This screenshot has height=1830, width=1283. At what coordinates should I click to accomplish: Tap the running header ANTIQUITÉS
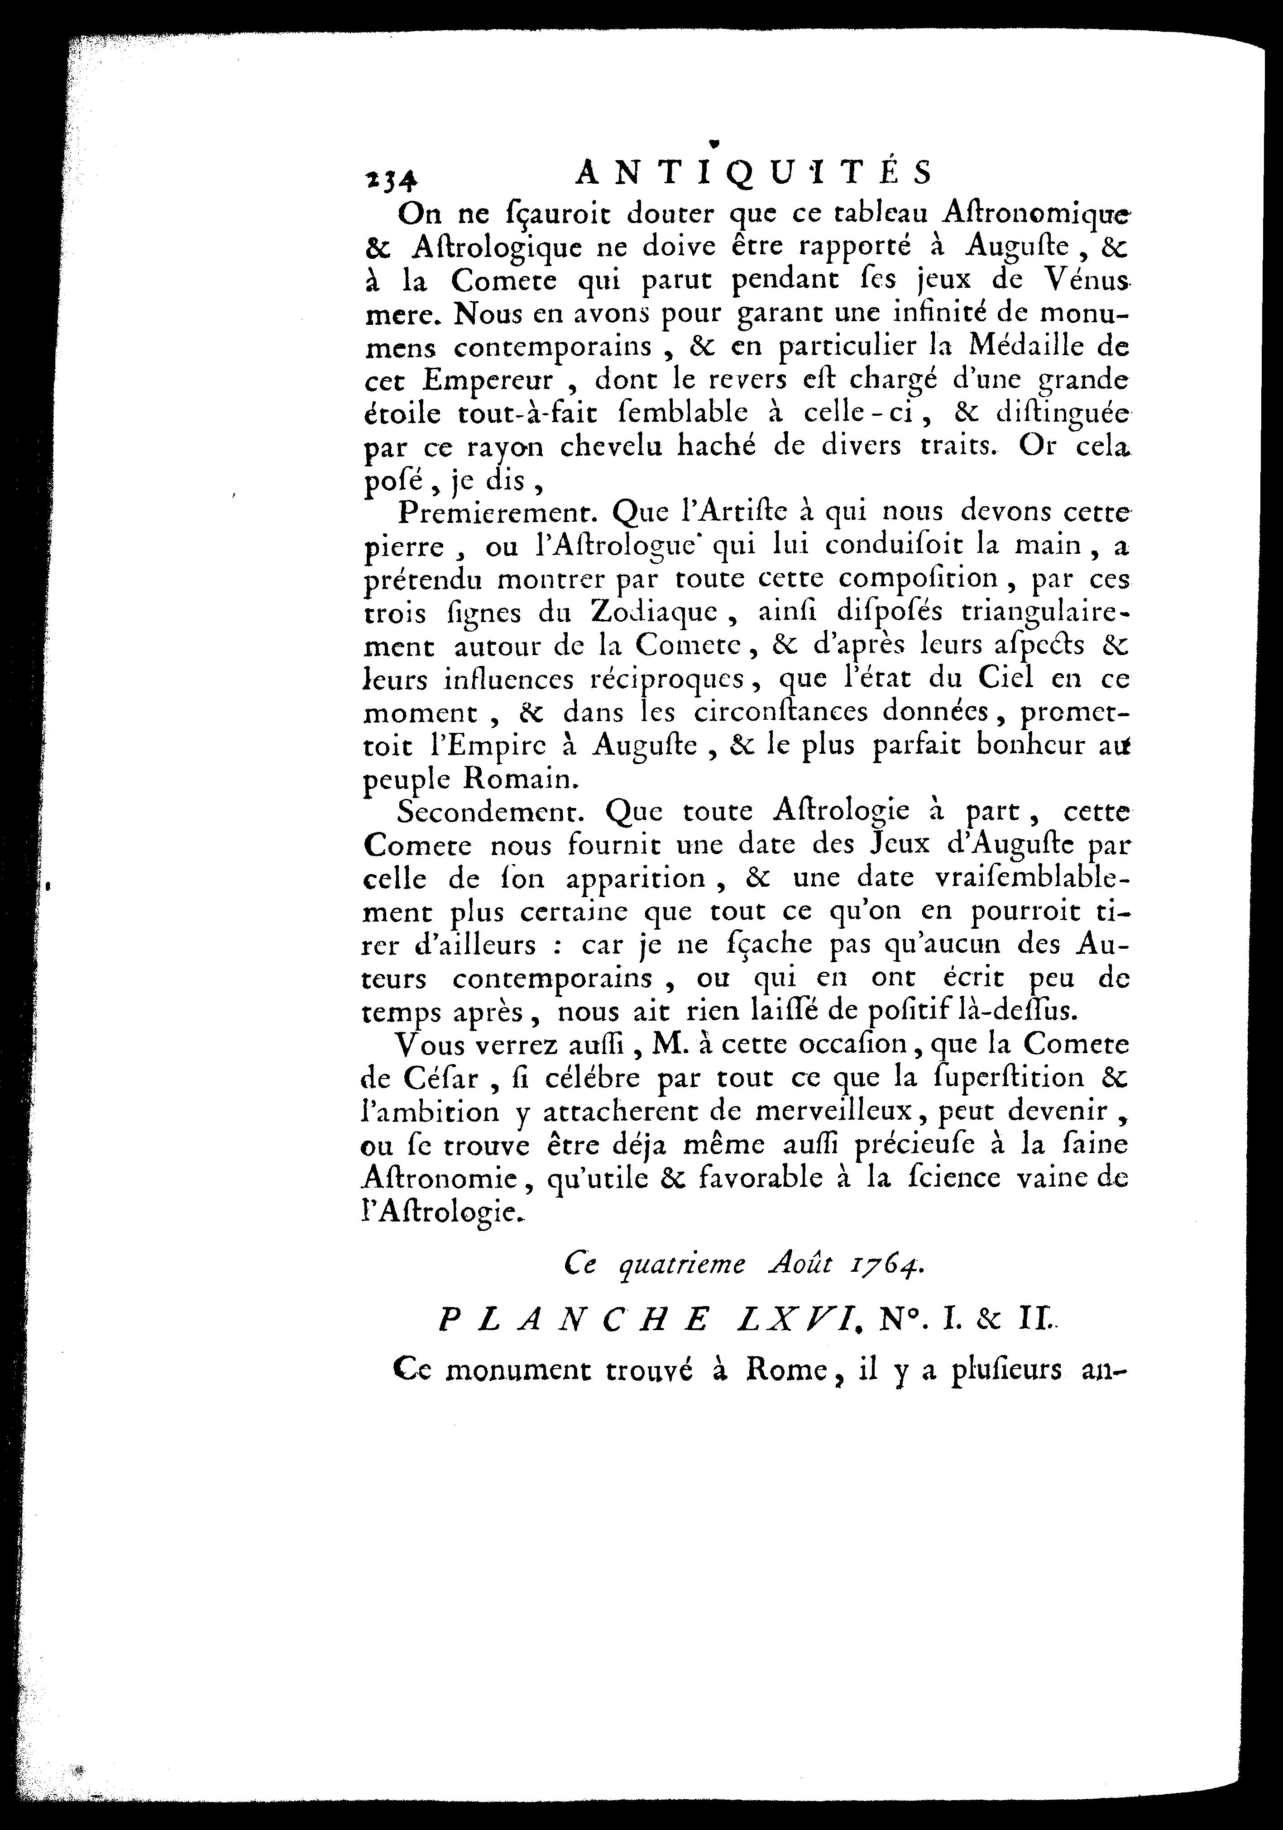pyautogui.click(x=753, y=171)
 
